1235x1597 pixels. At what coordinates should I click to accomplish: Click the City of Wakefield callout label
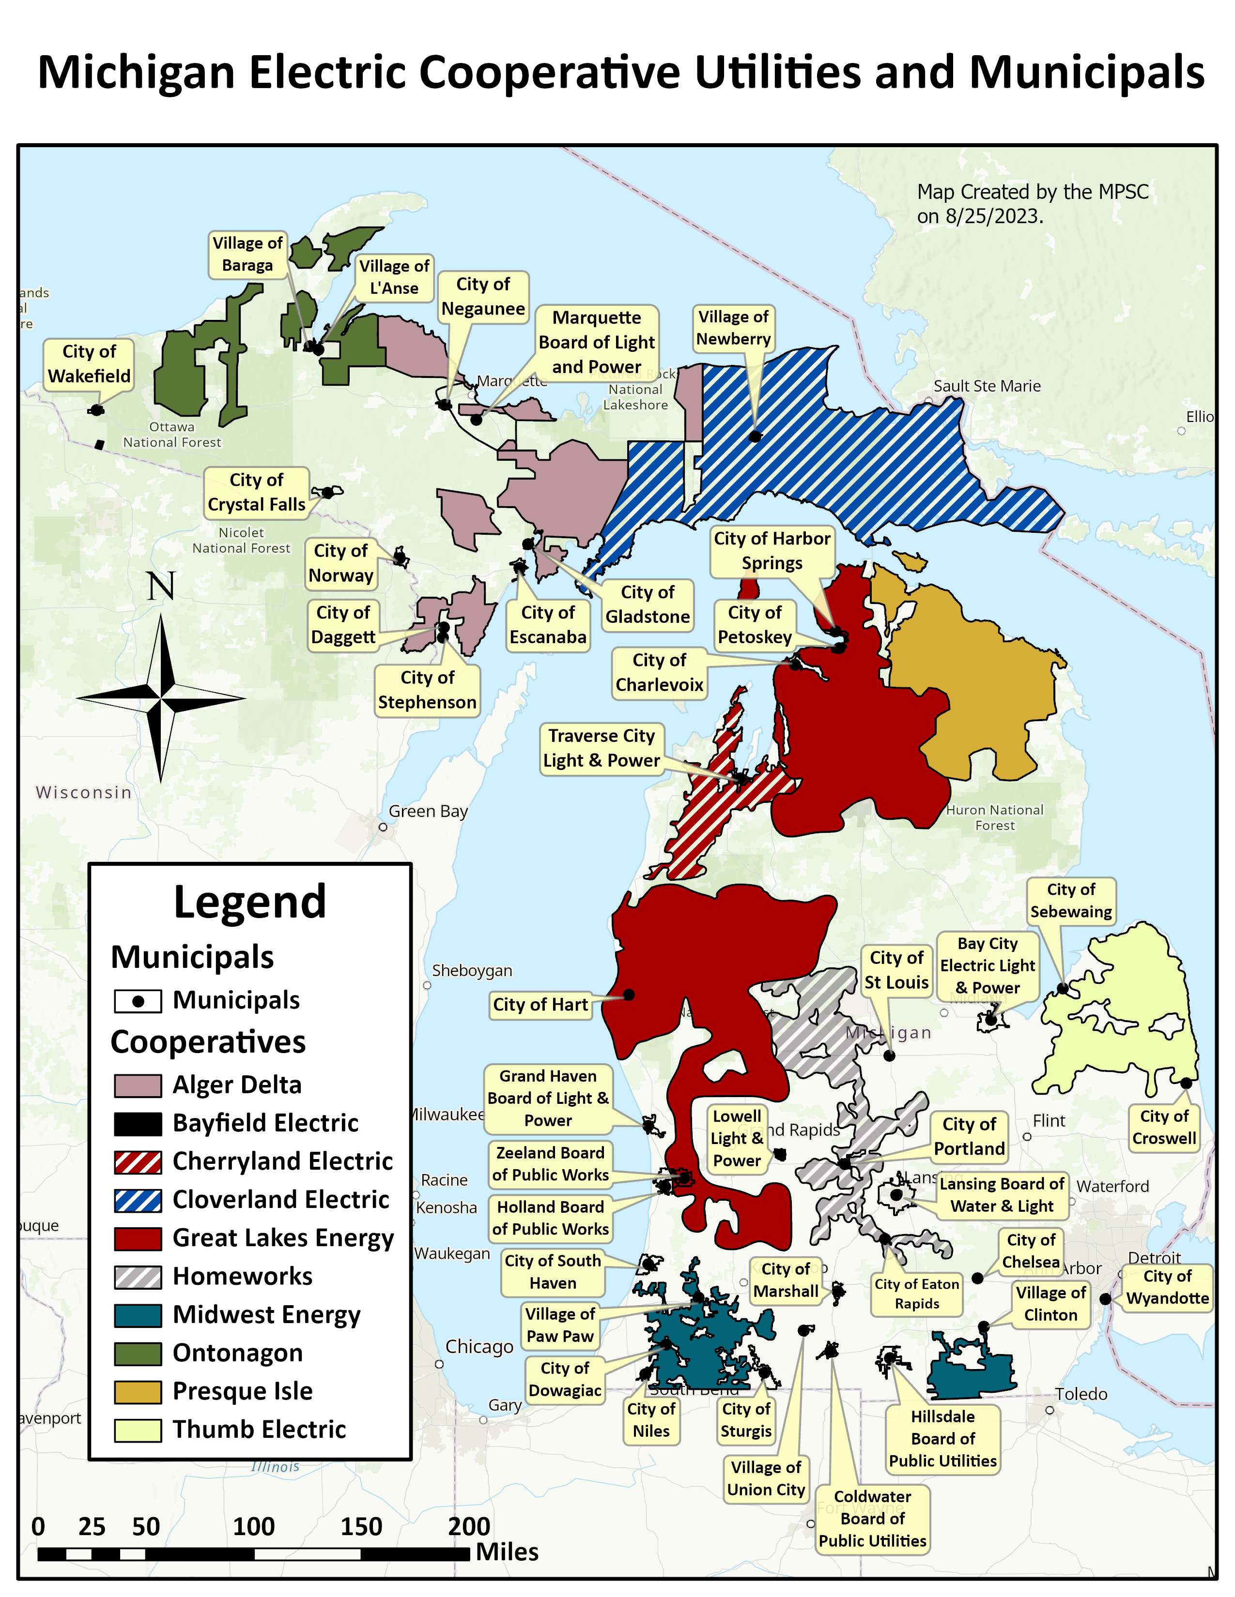pyautogui.click(x=89, y=364)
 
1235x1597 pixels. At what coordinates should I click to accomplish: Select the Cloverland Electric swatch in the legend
pyautogui.click(x=138, y=1201)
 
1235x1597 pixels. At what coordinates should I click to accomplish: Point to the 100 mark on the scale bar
pyautogui.click(x=253, y=1527)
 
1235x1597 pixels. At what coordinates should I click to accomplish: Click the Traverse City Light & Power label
pyautogui.click(x=602, y=748)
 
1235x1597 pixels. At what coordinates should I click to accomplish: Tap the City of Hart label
pyautogui.click(x=540, y=1005)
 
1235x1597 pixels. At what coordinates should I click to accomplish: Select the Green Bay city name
pyautogui.click(x=428, y=812)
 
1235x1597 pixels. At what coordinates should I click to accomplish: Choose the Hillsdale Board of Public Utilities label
pyautogui.click(x=942, y=1439)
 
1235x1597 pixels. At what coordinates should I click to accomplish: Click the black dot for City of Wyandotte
pyautogui.click(x=1106, y=1299)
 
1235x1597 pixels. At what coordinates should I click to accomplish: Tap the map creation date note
pyautogui.click(x=1033, y=204)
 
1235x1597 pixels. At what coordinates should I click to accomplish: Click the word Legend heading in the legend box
pyautogui.click(x=249, y=903)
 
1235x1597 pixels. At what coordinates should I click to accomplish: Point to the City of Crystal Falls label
pyautogui.click(x=256, y=493)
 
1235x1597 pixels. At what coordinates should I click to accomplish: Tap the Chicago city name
pyautogui.click(x=479, y=1347)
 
